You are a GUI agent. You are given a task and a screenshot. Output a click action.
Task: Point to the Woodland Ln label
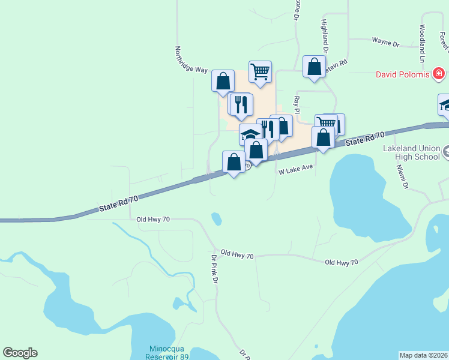[423, 43]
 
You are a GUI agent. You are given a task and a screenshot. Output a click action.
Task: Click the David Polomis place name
[402, 74]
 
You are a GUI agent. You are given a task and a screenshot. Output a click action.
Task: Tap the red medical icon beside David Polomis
[440, 74]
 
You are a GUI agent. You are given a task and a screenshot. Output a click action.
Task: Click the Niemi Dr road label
[404, 179]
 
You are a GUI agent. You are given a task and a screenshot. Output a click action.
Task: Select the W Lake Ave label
[296, 171]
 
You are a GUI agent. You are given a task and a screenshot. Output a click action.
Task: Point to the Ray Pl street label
[296, 102]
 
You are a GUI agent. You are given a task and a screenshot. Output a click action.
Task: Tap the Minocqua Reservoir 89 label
[160, 353]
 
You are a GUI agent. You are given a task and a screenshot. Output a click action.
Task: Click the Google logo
[20, 353]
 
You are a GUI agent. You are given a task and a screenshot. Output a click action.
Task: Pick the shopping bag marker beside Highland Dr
[314, 67]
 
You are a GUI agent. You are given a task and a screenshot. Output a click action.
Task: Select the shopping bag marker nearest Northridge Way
[223, 80]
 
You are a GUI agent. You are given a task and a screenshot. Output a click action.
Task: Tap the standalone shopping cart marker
[260, 71]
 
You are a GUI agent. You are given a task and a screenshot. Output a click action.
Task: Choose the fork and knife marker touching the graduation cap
[267, 129]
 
